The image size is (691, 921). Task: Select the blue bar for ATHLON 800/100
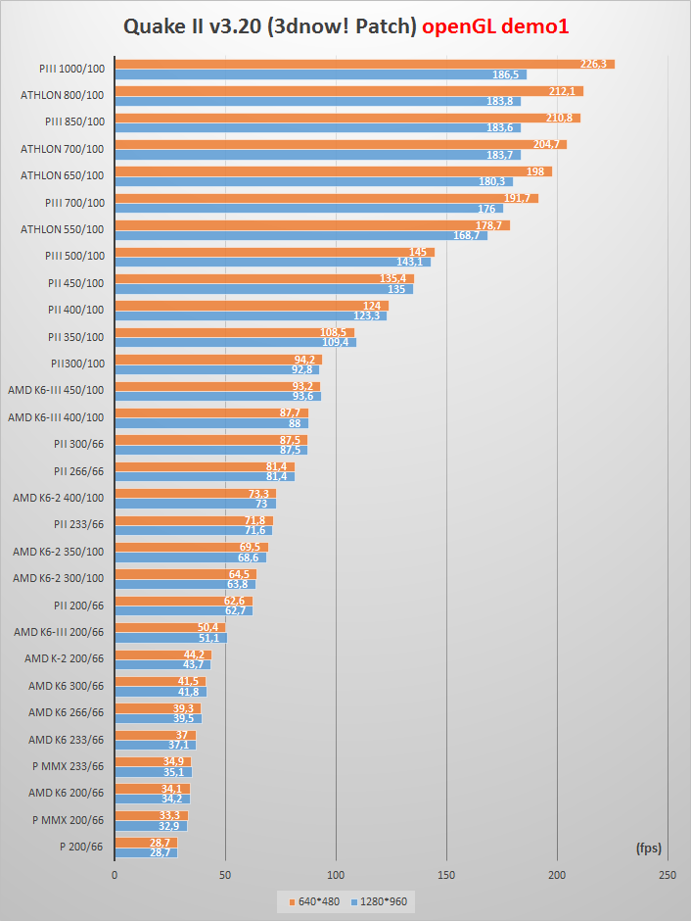pos(317,101)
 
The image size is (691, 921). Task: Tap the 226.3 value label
pos(594,64)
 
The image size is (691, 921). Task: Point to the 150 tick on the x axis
pos(446,875)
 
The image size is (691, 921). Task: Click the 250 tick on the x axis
pos(668,875)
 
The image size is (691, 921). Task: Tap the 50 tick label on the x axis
pos(225,875)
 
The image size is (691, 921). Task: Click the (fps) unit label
pos(648,846)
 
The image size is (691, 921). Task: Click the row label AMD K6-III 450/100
pos(55,389)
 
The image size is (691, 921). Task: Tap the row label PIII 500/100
pos(74,256)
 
